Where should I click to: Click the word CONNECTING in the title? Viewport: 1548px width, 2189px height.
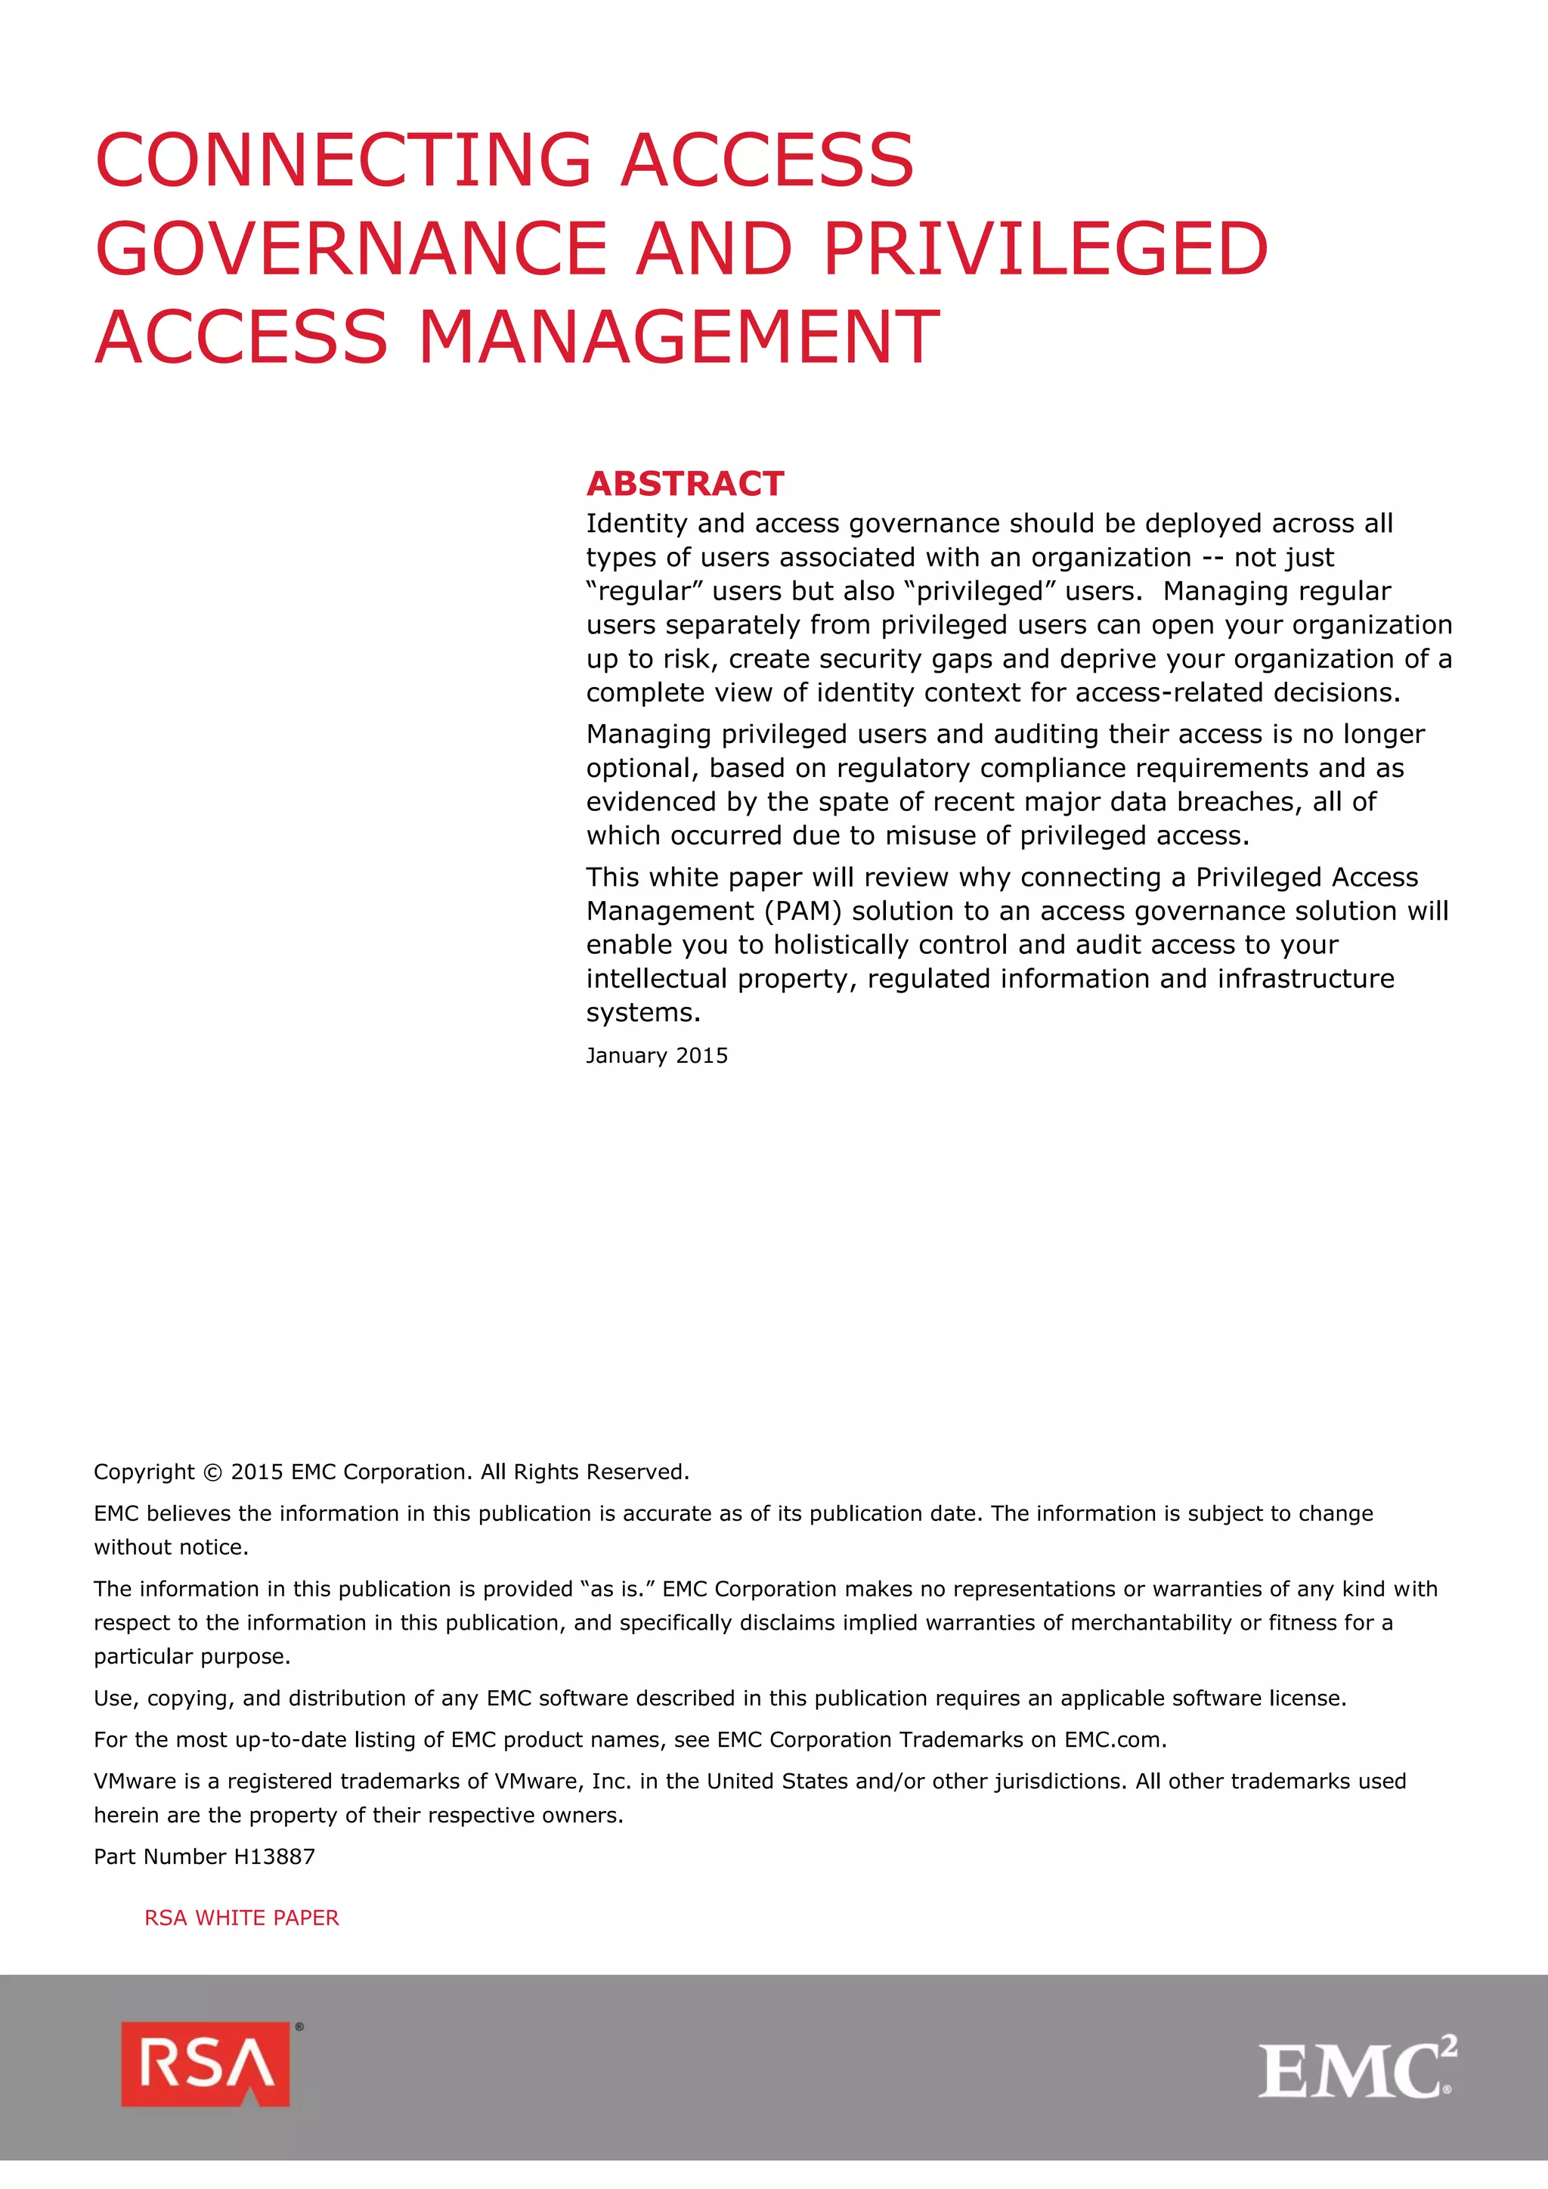[x=344, y=159]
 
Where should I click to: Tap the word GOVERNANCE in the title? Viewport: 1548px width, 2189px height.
[x=351, y=248]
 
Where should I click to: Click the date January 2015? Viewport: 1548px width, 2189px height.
[x=656, y=1055]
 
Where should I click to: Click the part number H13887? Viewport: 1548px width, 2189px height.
[x=274, y=1856]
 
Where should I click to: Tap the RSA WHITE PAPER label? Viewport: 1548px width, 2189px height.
[x=241, y=1918]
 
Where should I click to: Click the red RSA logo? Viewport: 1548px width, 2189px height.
[x=206, y=2064]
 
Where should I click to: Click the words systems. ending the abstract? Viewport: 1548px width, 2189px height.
[x=642, y=1013]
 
